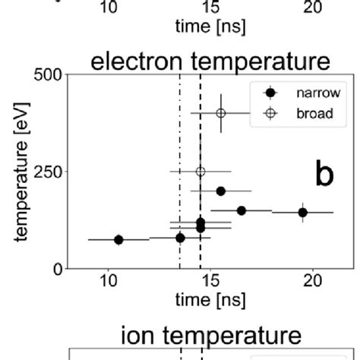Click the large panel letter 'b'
click(325, 175)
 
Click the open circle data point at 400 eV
click(221, 113)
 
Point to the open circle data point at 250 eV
click(201, 172)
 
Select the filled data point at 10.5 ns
click(118, 239)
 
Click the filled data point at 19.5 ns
click(302, 213)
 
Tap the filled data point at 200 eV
click(221, 191)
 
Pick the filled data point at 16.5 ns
click(242, 210)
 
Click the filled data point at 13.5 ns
click(180, 238)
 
